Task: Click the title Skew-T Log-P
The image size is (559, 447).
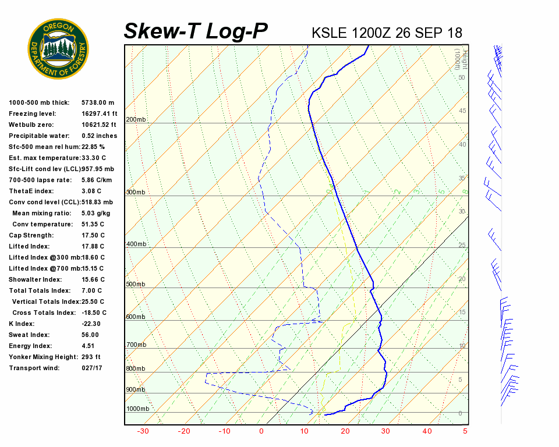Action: click(196, 31)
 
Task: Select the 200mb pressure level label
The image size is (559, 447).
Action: click(136, 120)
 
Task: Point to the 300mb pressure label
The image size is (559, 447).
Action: click(136, 192)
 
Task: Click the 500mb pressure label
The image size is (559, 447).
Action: click(136, 284)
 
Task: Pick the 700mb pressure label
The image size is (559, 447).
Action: click(136, 345)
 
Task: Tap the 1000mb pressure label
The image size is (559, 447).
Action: click(137, 409)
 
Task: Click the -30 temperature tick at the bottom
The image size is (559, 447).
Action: click(143, 431)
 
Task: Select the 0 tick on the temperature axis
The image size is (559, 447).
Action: click(261, 431)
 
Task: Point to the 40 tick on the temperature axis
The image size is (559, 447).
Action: click(427, 431)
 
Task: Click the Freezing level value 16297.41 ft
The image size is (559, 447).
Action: click(100, 113)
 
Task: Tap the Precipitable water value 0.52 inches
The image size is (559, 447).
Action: click(100, 136)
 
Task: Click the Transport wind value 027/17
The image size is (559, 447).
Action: click(92, 368)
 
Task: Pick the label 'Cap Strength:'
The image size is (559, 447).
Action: click(31, 235)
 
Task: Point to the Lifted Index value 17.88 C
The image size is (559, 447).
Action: click(93, 246)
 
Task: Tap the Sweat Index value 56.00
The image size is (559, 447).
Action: click(90, 335)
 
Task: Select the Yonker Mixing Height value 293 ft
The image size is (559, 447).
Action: click(91, 357)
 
